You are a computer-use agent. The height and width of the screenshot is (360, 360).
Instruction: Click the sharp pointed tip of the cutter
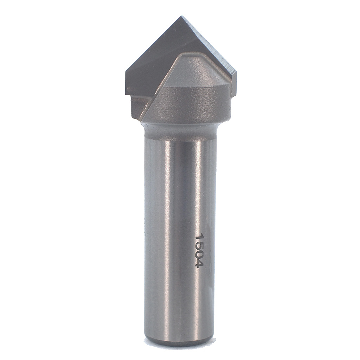click(181, 16)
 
